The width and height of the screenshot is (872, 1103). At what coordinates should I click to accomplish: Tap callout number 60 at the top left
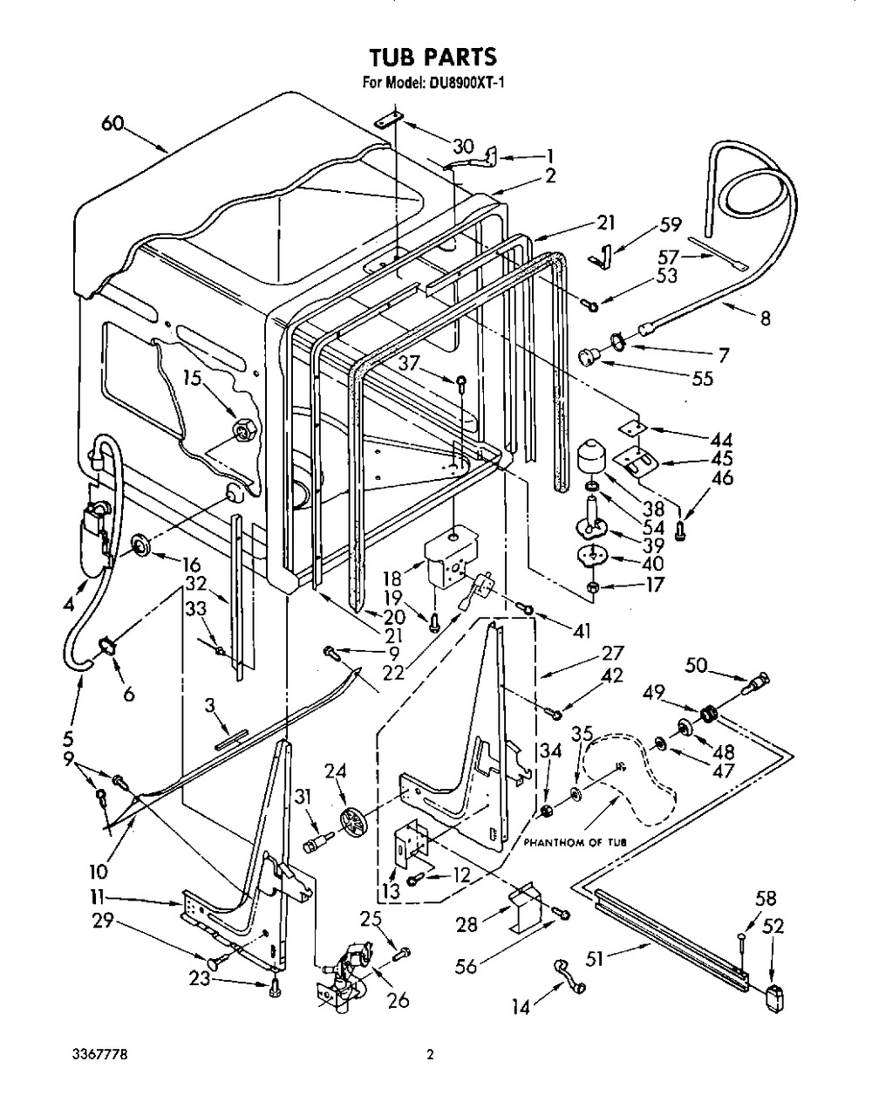[112, 125]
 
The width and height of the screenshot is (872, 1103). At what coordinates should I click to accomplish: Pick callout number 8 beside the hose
[765, 319]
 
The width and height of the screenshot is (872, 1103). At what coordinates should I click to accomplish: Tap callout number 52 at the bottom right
[773, 928]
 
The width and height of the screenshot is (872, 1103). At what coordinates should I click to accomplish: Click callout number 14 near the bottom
[521, 1007]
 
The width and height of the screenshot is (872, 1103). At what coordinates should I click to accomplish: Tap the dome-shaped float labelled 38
[594, 456]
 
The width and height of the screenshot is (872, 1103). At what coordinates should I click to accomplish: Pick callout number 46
[722, 477]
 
